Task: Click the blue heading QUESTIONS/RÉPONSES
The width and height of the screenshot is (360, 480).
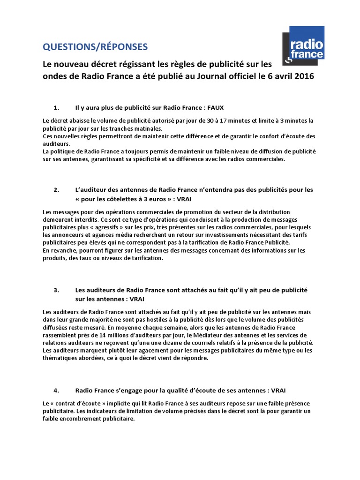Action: coord(95,46)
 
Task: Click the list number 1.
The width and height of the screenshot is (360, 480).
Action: coord(56,107)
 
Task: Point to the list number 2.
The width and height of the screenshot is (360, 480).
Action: coord(56,190)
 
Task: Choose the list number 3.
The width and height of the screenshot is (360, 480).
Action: coord(56,290)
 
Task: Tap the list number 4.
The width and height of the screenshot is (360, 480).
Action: coord(56,390)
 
